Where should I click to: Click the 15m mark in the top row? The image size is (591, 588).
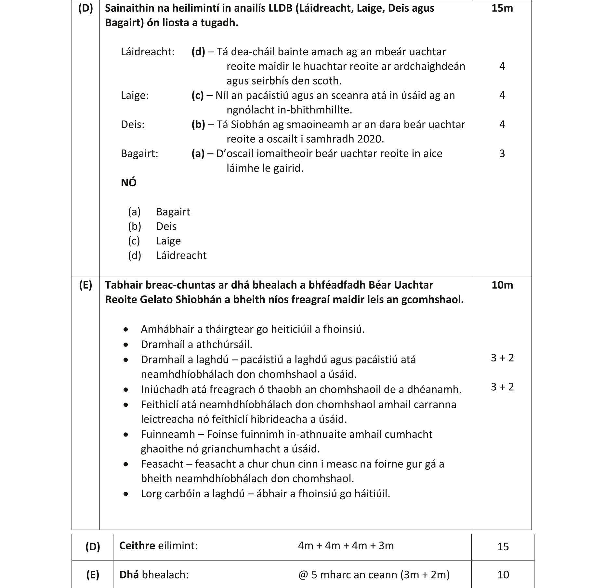(x=502, y=8)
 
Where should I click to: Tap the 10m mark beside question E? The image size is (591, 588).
(x=502, y=285)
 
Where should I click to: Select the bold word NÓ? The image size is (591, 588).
(x=129, y=183)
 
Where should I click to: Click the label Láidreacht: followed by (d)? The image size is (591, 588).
(x=148, y=52)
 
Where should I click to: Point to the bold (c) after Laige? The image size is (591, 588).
(x=198, y=95)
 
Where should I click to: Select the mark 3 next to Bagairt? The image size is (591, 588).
(x=502, y=153)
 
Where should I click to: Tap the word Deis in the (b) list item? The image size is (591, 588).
(x=166, y=226)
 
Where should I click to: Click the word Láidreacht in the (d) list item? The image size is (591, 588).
(x=181, y=255)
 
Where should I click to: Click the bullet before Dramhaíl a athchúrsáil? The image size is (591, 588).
(x=126, y=345)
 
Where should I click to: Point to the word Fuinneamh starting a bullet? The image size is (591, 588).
(x=167, y=434)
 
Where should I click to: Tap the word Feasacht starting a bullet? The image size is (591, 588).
(x=162, y=464)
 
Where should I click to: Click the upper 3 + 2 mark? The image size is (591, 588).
(x=502, y=358)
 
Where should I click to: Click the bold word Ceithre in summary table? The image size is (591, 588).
(x=137, y=545)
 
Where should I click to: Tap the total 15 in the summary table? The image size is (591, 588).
(x=503, y=547)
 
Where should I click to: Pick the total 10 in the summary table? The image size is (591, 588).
(x=503, y=575)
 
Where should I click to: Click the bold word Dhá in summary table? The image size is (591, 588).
(x=129, y=575)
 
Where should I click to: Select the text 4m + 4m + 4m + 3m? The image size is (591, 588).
(x=346, y=545)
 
